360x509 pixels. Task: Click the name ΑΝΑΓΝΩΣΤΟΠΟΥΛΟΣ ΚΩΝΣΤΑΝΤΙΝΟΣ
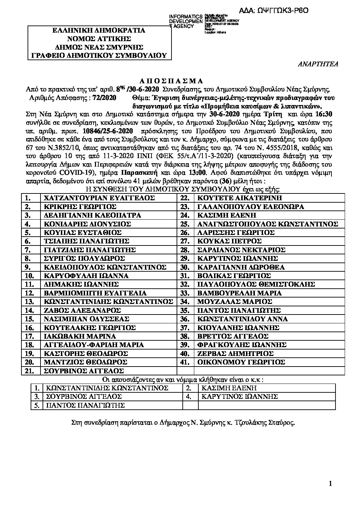click(x=268, y=224)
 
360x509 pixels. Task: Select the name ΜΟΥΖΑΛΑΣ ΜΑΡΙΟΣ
click(x=234, y=302)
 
